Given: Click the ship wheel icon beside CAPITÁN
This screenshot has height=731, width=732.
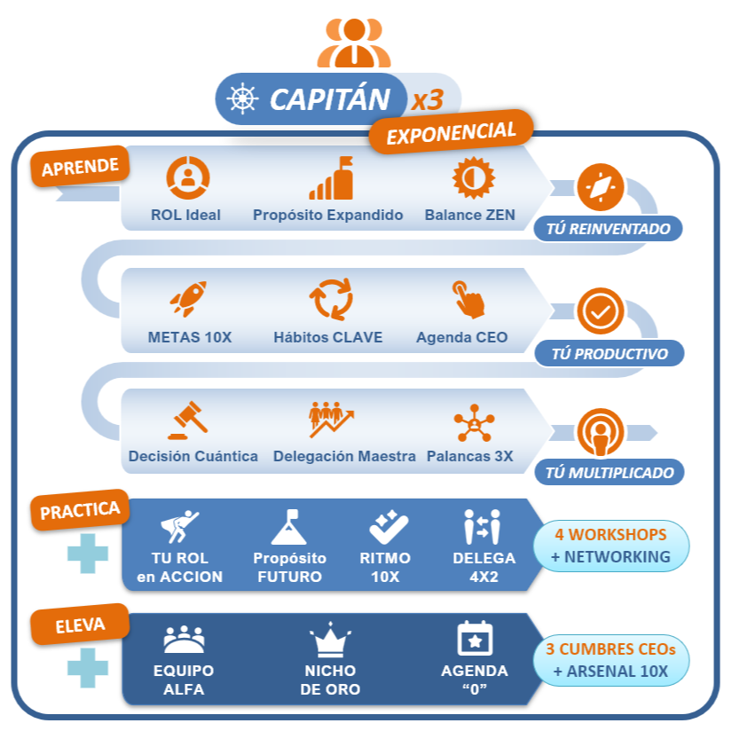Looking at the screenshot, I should tap(243, 98).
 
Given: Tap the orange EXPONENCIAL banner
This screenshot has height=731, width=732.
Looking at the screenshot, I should tap(451, 133).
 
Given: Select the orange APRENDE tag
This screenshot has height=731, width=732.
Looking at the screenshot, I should tap(81, 165).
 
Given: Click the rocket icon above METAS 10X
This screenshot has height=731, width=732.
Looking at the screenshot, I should tap(188, 299).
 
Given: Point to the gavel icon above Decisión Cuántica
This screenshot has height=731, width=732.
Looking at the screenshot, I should tap(188, 420).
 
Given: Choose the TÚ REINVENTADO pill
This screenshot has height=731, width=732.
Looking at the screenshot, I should tap(608, 228).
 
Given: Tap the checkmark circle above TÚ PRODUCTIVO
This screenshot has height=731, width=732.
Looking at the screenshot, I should tap(600, 310).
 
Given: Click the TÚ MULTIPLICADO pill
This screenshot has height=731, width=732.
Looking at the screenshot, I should tap(610, 472).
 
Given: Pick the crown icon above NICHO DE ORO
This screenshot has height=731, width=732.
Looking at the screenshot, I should tap(330, 641).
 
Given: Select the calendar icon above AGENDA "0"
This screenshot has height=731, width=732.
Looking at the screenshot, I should tap(475, 639).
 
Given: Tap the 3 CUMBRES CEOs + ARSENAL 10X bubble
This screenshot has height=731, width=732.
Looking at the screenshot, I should tap(611, 660).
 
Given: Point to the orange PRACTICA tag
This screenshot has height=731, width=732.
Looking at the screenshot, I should tap(81, 511).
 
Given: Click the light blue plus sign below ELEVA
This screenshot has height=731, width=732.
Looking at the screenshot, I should tap(88, 667).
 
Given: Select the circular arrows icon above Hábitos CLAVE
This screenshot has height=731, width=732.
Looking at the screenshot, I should tap(330, 299).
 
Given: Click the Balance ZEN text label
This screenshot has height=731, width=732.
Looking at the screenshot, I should tap(469, 215).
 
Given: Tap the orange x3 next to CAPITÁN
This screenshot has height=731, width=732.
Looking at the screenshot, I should tap(427, 99).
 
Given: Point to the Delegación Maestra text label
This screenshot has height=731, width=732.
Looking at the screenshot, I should tap(344, 456).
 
